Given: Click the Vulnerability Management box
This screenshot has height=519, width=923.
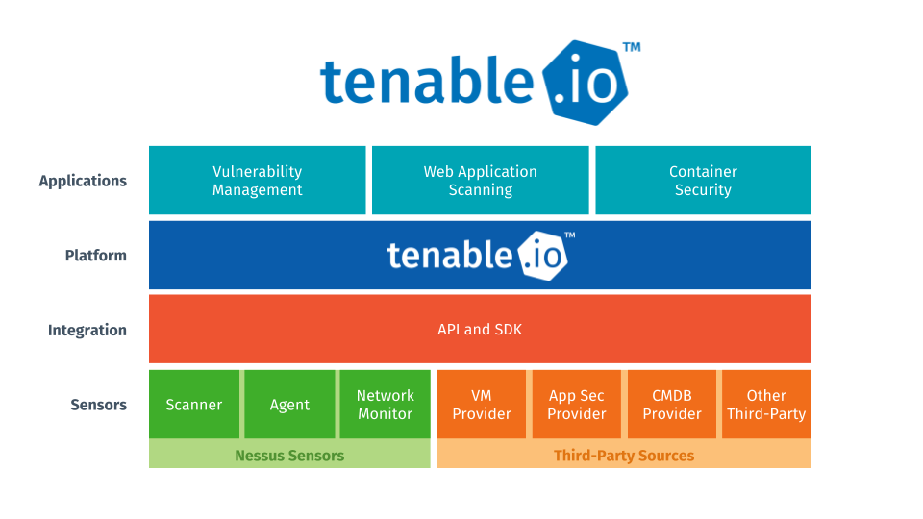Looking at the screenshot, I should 257,180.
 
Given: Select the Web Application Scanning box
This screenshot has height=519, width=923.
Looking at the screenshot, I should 480,180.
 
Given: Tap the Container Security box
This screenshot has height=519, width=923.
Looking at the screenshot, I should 703,180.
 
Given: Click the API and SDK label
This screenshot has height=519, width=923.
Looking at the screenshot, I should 480,330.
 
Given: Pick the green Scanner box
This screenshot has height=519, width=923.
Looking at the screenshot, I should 193,405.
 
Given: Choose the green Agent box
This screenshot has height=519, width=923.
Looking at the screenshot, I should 289,405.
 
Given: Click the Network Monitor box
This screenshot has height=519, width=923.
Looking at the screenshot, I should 385,405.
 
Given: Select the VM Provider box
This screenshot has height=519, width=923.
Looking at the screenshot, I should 482,405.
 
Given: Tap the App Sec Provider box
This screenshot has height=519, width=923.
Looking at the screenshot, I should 576,405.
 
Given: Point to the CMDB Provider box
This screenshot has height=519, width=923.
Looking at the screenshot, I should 671,405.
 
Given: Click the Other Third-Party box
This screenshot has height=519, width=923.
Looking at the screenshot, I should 766,405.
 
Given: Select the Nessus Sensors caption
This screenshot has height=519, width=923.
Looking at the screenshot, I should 289,455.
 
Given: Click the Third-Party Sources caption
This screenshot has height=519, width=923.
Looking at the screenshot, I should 624,455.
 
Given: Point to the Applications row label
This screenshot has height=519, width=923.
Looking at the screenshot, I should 83,181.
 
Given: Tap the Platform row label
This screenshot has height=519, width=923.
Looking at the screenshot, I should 96,256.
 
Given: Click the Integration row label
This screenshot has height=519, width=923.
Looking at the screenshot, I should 87,331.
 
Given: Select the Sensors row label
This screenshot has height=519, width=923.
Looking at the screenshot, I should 98,405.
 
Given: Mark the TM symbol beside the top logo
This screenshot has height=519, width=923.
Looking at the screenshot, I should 632,46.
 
